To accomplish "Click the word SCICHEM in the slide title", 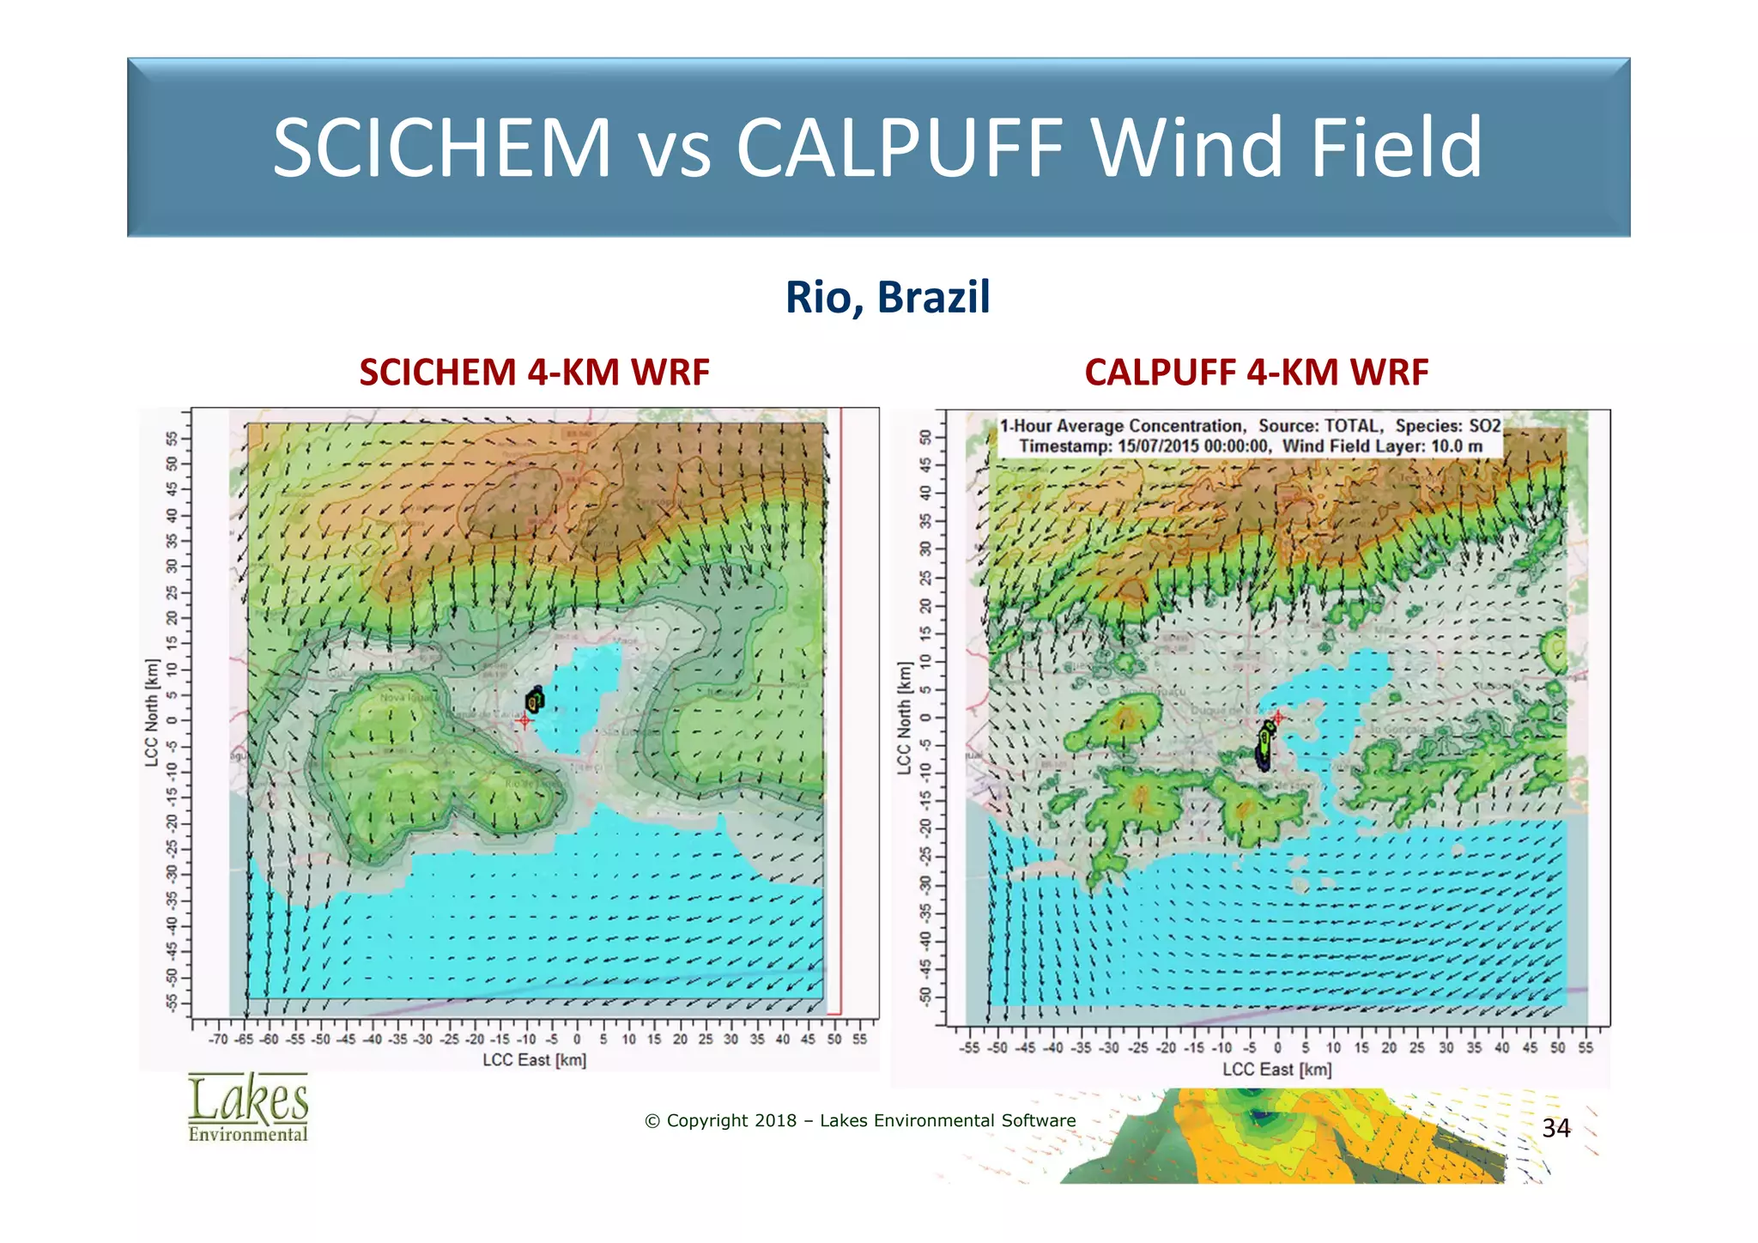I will (441, 148).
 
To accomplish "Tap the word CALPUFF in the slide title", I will (900, 148).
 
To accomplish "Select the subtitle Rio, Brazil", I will (888, 297).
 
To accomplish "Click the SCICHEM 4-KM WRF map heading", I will (534, 373).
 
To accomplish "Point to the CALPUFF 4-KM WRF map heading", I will (1256, 373).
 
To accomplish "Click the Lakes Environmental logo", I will (248, 1107).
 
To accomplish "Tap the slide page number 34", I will (1555, 1128).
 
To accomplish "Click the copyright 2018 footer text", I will (860, 1120).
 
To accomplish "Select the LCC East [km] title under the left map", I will (534, 1060).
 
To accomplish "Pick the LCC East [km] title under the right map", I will (1276, 1070).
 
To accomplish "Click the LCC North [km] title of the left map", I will (152, 712).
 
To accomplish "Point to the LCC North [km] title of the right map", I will (904, 718).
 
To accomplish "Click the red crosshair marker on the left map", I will (524, 720).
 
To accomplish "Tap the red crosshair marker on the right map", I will (1277, 717).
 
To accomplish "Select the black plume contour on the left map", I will (535, 700).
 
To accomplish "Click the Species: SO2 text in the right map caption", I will (1447, 426).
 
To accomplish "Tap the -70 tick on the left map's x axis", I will (218, 1040).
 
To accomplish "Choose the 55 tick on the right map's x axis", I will (1585, 1048).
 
